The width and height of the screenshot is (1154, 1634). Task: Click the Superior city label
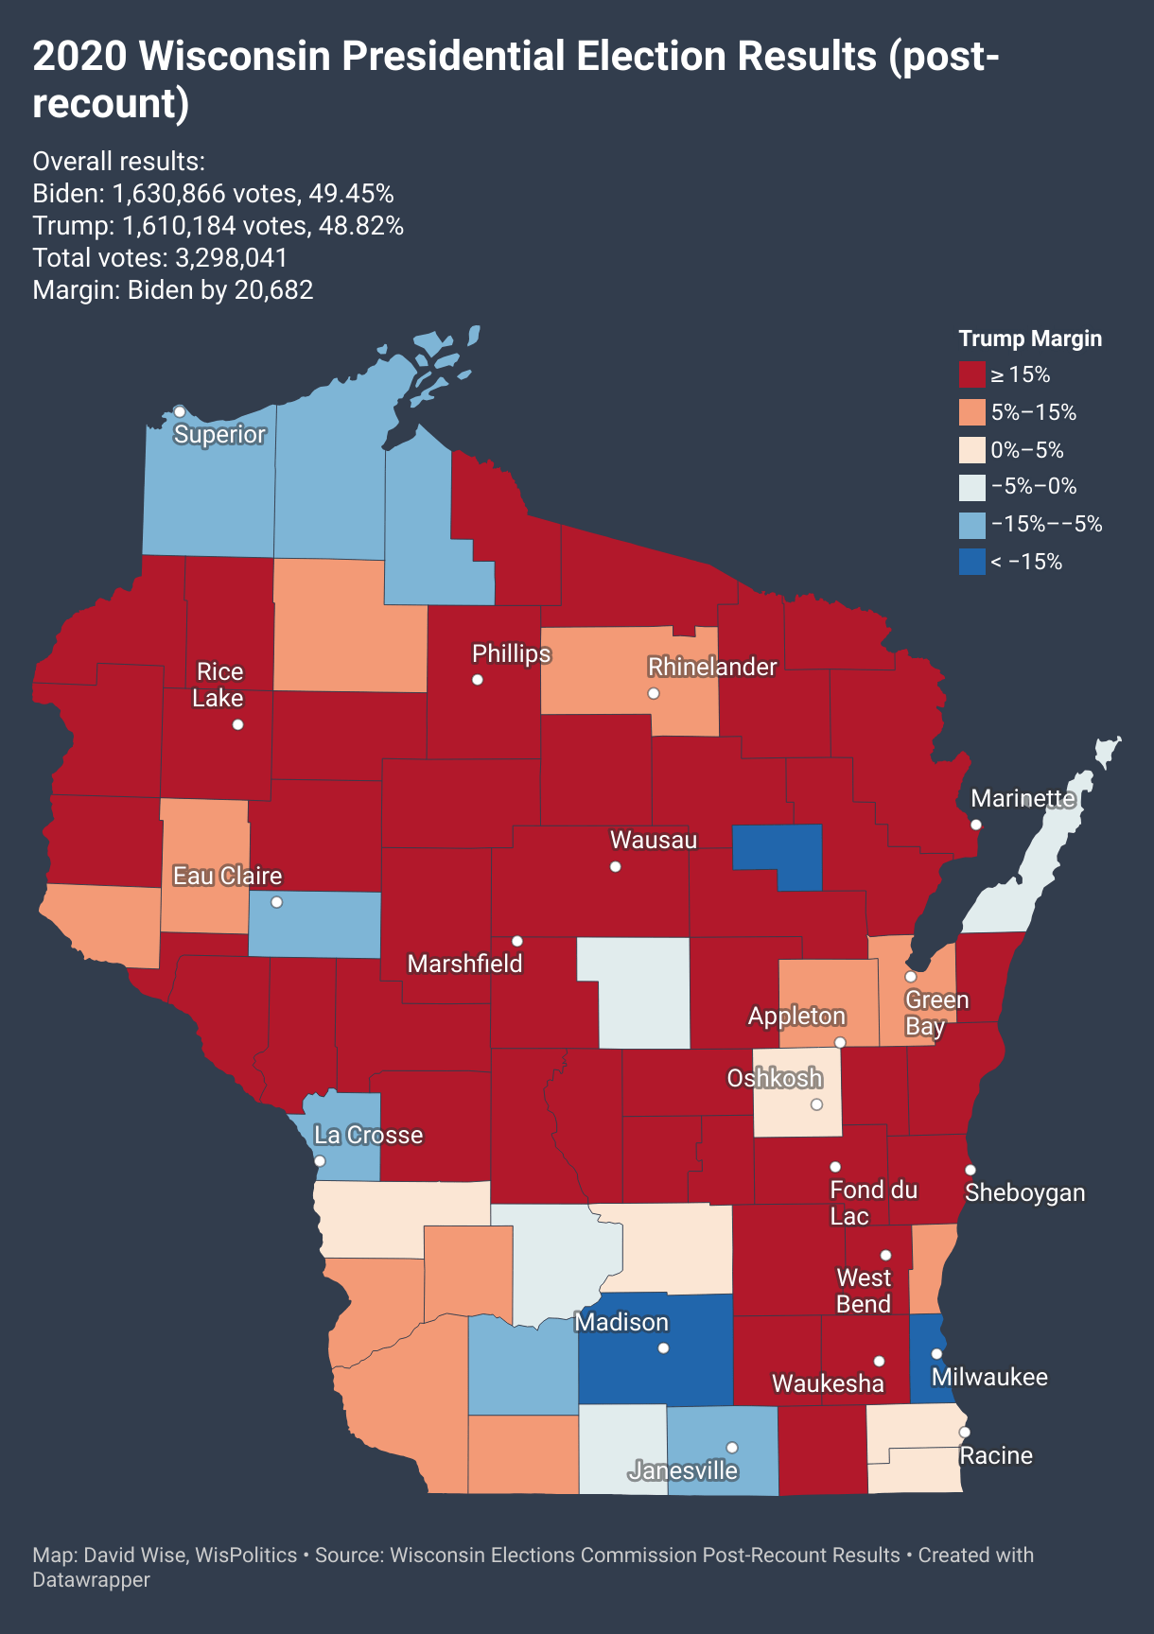[219, 434]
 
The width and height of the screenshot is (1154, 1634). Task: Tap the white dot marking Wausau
[616, 866]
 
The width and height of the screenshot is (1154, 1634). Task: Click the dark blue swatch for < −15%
[971, 562]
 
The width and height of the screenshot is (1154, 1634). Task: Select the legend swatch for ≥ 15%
[971, 374]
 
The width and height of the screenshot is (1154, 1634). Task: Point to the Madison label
[621, 1322]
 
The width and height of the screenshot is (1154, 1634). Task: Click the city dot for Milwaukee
[936, 1353]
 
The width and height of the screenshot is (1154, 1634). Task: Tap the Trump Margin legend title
[1030, 339]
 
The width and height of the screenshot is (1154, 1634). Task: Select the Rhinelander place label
[711, 667]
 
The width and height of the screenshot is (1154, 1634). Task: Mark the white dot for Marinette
[976, 825]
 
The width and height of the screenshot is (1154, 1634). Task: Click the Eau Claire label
[227, 876]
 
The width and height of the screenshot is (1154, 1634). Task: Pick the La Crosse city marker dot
[320, 1160]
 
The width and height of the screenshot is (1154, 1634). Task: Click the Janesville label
[683, 1470]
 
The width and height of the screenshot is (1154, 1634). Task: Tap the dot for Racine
[965, 1432]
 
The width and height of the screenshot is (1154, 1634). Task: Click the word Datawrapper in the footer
[91, 1580]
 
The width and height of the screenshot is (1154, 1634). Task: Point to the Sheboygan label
[1024, 1192]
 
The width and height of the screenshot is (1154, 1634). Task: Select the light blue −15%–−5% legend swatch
[971, 525]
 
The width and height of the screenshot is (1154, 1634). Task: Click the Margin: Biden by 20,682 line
[173, 290]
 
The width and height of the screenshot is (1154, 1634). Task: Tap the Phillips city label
[511, 653]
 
